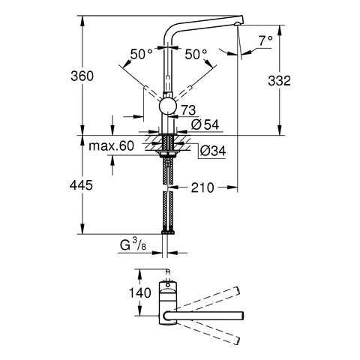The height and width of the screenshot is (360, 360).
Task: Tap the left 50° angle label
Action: [141, 54]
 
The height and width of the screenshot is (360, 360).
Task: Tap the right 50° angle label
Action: [196, 54]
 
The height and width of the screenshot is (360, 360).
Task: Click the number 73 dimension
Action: [189, 110]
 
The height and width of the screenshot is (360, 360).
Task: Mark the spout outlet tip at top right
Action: [238, 25]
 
